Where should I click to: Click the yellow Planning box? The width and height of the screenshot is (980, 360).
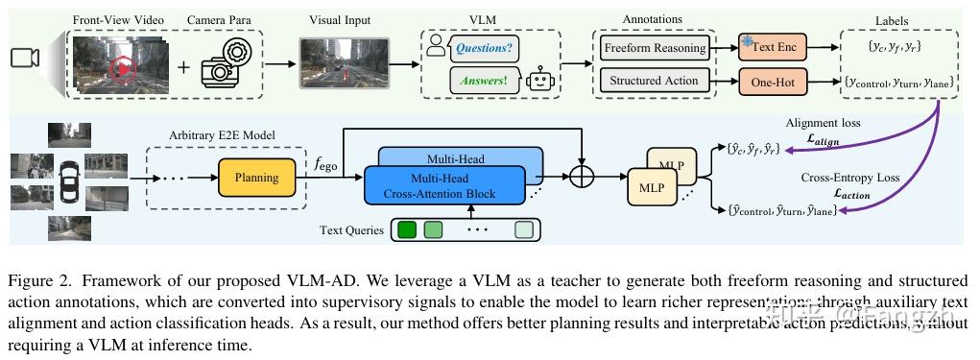point(256,178)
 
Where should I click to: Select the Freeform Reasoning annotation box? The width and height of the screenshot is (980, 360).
point(656,48)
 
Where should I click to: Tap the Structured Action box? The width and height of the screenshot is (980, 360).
point(656,82)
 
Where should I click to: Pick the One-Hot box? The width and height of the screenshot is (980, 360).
point(773,83)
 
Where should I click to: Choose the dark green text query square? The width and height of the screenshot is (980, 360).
point(407,230)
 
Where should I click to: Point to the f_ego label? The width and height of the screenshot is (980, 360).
point(325,165)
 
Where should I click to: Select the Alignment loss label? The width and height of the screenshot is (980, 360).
point(824,124)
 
